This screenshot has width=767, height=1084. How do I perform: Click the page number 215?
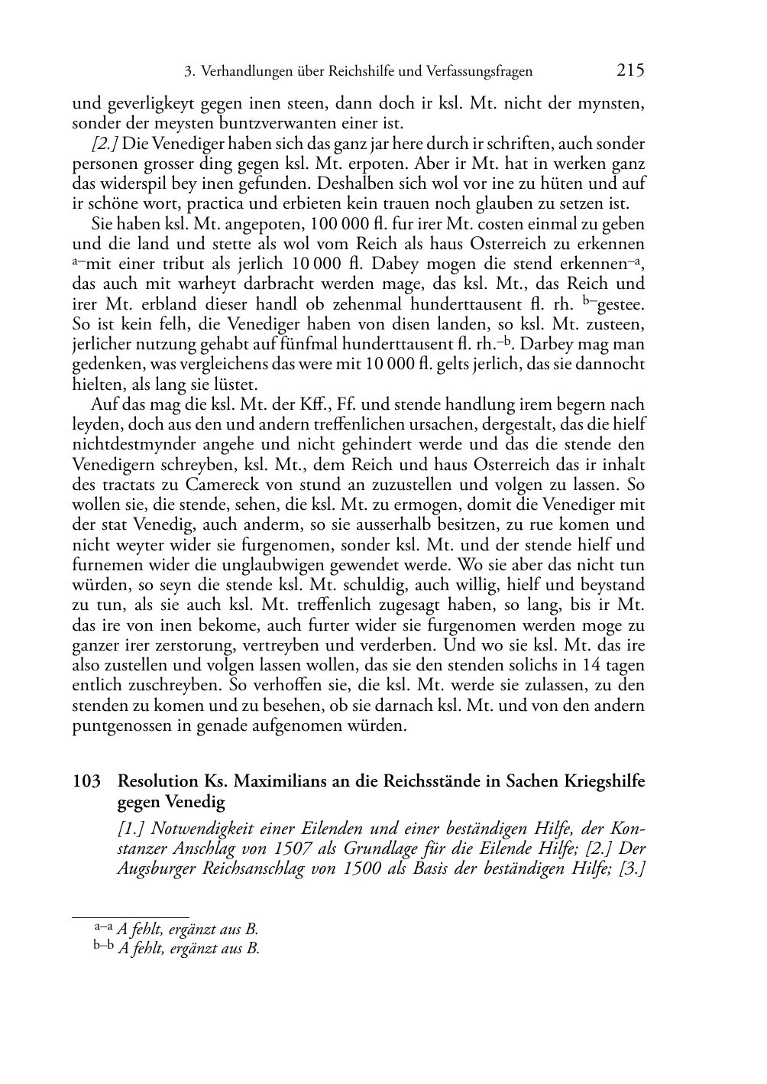point(630,71)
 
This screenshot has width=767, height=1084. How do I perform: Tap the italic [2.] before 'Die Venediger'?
point(105,144)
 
